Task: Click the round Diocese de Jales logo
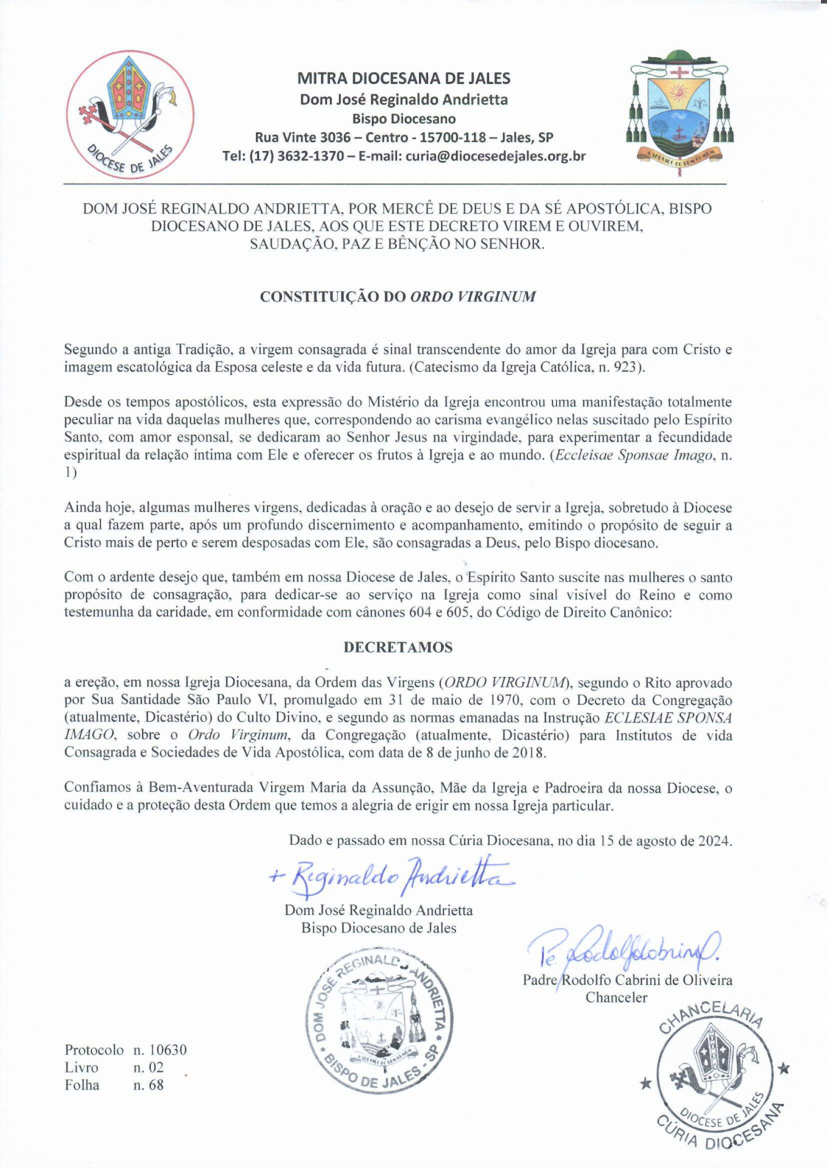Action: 130,115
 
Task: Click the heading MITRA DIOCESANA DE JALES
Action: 404,79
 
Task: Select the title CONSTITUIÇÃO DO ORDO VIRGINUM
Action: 398,297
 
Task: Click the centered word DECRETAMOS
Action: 398,647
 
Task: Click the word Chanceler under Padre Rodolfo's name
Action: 616,998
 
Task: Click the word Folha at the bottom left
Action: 82,1084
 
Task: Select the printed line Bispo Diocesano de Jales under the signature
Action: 379,928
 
